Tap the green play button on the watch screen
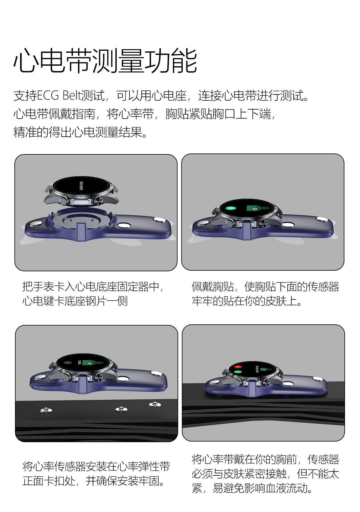coord(230,208)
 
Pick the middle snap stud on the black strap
coord(121,408)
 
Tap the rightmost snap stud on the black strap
coord(154,403)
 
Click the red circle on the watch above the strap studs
coord(68,362)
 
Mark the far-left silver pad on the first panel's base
coord(36,224)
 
